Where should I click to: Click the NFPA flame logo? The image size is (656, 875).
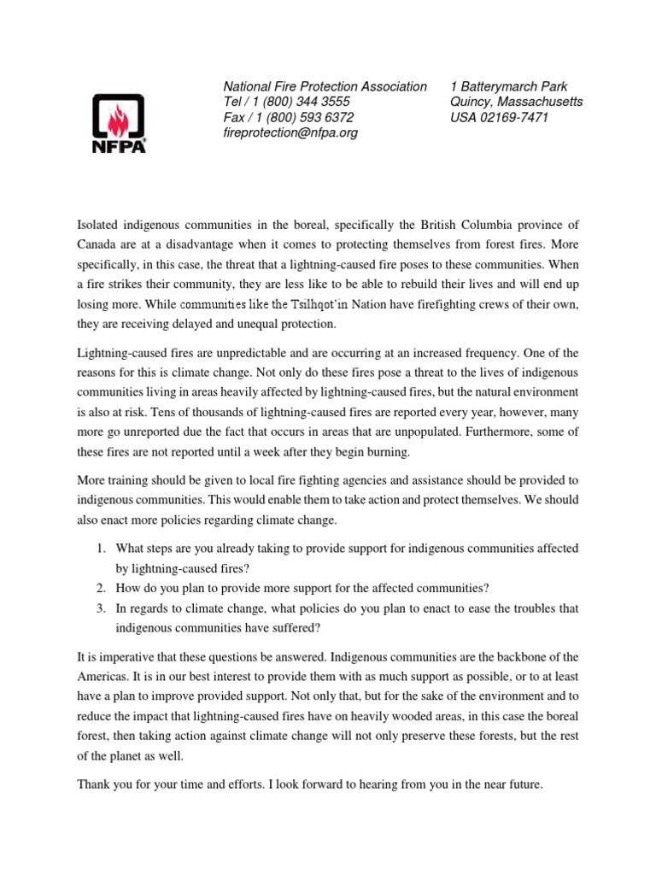coord(118,122)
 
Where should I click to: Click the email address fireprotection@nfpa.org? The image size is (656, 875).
coord(290,132)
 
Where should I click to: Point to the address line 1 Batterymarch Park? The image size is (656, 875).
coord(508,86)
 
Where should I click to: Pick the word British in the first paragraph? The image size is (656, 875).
coord(440,225)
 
